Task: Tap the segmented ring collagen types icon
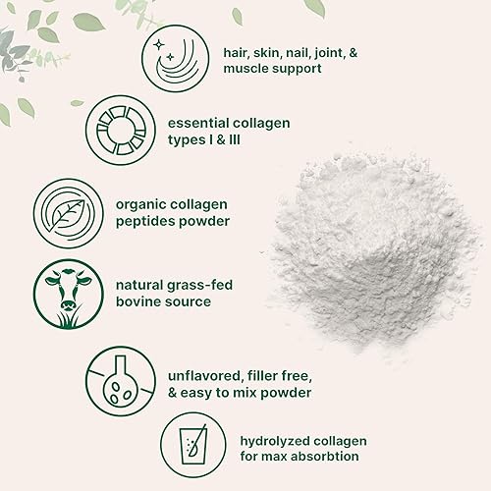[116, 131]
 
